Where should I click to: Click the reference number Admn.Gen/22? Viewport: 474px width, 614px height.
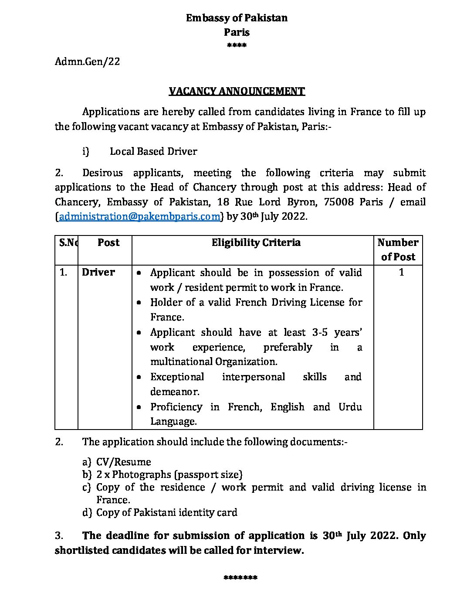[87, 61]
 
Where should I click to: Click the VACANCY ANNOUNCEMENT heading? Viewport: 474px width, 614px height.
[237, 91]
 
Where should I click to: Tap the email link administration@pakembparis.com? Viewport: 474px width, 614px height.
[139, 217]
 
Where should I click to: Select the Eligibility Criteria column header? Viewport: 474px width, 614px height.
[256, 242]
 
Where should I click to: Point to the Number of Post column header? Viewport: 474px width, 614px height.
[398, 249]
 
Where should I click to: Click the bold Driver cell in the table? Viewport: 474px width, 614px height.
[98, 272]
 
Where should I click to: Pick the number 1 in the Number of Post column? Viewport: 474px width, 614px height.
[401, 272]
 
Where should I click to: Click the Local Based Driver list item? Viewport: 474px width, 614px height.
[153, 151]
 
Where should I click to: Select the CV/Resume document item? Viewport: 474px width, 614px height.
[124, 462]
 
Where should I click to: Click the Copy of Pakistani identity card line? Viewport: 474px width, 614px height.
[166, 512]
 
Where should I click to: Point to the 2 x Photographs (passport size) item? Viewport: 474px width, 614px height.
[169, 474]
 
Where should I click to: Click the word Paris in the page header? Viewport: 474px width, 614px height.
[237, 32]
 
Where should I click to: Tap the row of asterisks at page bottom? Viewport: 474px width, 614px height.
[240, 578]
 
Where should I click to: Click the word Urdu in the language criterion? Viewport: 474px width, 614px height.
[350, 407]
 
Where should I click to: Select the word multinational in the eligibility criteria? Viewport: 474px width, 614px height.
[181, 362]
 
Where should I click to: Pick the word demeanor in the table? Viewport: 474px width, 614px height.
[175, 392]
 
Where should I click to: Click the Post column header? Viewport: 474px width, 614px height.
[108, 242]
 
